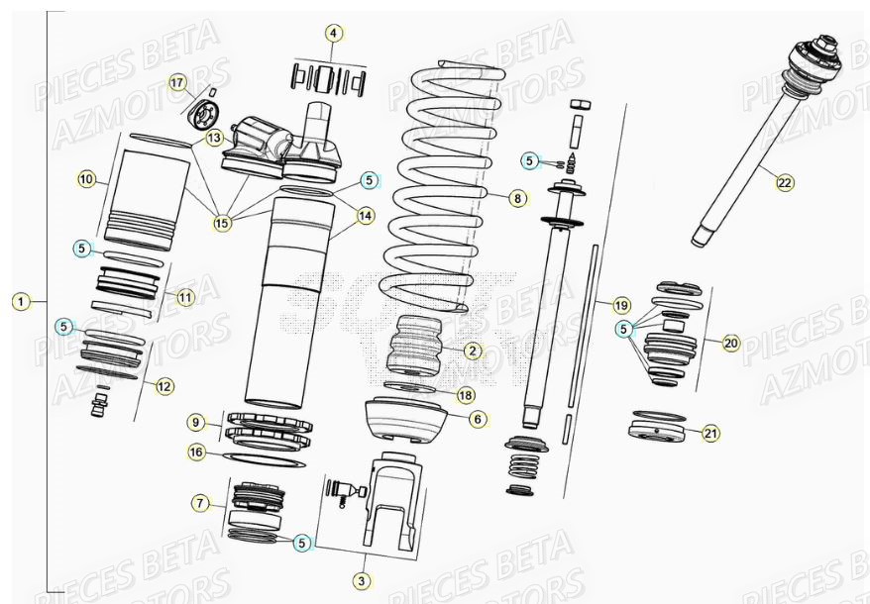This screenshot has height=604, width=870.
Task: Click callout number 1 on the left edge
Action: coord(22,299)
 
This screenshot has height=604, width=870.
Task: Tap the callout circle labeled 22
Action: coord(784,182)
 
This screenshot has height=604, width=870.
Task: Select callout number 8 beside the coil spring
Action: coord(516,198)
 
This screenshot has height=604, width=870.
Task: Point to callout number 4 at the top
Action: coord(334,33)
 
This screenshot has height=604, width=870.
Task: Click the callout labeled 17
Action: coord(177,82)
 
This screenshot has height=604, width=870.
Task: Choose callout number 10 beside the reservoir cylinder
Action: coord(87,179)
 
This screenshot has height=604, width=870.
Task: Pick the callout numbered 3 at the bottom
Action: coord(362,579)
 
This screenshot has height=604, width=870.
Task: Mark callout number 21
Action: coord(711,433)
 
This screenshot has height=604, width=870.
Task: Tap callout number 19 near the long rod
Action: coord(621,304)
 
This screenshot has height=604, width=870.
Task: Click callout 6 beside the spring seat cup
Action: coord(478,419)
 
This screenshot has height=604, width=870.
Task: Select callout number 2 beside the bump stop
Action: coord(473,350)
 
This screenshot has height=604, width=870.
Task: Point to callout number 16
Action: coord(197,452)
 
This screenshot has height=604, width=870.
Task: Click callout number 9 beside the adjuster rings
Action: coord(197,422)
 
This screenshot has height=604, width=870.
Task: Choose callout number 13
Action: coord(215,139)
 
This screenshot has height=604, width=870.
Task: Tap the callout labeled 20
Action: coord(731,344)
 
